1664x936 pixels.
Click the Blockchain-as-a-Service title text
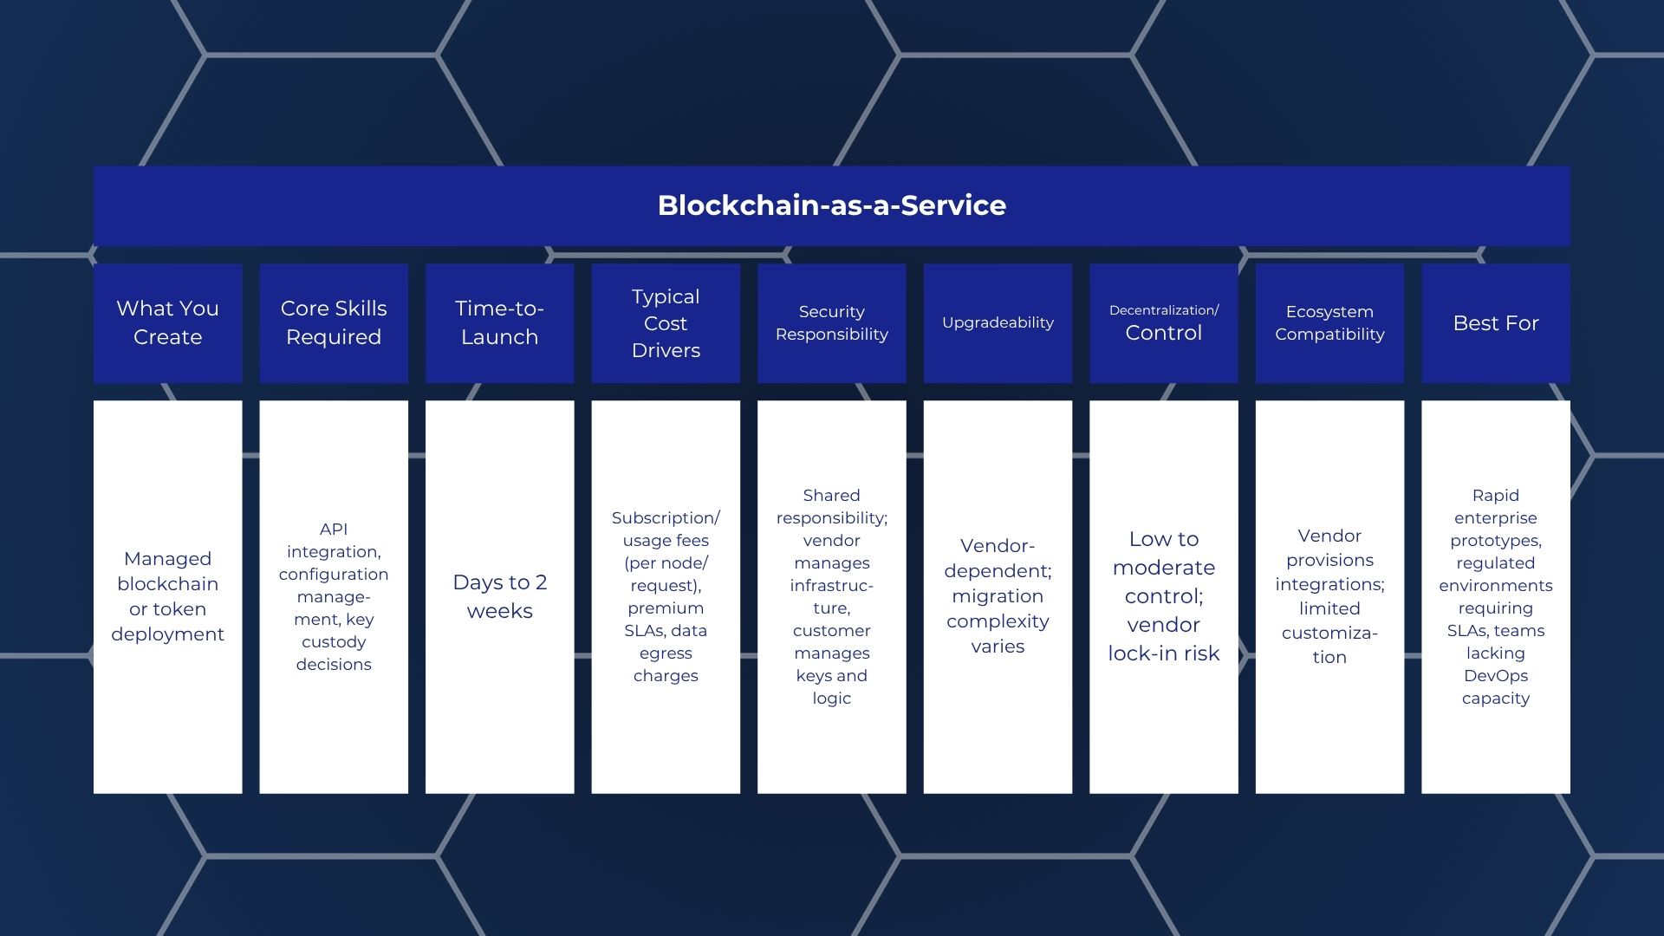[x=831, y=205]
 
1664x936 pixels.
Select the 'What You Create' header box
[x=167, y=322]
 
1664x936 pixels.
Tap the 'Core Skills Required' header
[x=334, y=322]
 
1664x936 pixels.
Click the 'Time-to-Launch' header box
[x=499, y=322]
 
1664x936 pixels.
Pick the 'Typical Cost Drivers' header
[x=666, y=322]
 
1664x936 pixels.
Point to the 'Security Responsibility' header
[x=831, y=322]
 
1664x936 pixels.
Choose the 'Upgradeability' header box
[x=998, y=322]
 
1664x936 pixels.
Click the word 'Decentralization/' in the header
[x=1163, y=310]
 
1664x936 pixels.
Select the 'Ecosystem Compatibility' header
[x=1329, y=322]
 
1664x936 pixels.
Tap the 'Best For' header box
[x=1495, y=322]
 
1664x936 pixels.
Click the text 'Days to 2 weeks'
[x=499, y=596]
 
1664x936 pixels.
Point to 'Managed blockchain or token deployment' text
[x=167, y=596]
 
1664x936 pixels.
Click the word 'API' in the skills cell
[x=334, y=529]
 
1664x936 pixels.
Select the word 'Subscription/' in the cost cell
[x=666, y=517]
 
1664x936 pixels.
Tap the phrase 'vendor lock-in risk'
[x=1163, y=639]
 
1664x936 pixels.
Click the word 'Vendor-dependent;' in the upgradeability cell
[x=998, y=558]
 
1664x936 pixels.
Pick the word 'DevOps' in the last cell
[x=1495, y=675]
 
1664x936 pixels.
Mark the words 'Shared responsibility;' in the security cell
[x=831, y=506]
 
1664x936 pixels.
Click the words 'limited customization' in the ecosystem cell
[x=1329, y=633]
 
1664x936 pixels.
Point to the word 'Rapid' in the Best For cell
[x=1495, y=495]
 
